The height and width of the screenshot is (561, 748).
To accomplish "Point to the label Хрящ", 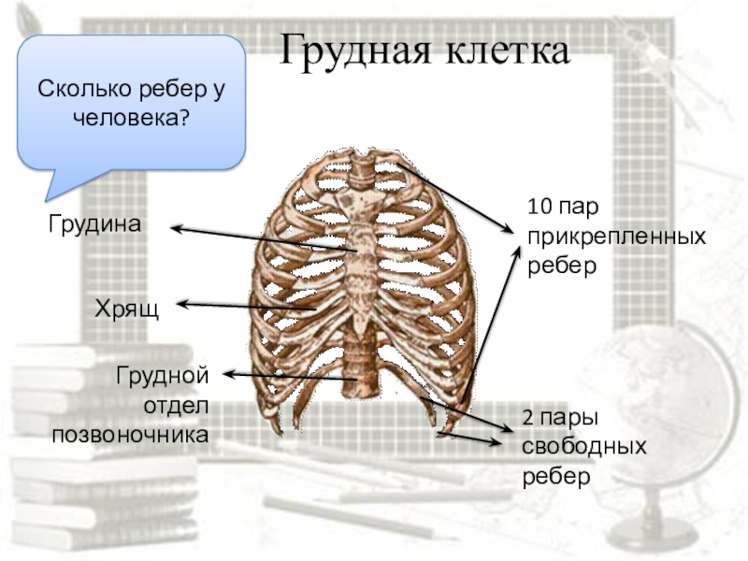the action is [x=126, y=308].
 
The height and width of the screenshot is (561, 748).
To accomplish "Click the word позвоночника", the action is [x=130, y=435].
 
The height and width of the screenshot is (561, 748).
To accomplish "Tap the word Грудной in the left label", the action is [x=160, y=376].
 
